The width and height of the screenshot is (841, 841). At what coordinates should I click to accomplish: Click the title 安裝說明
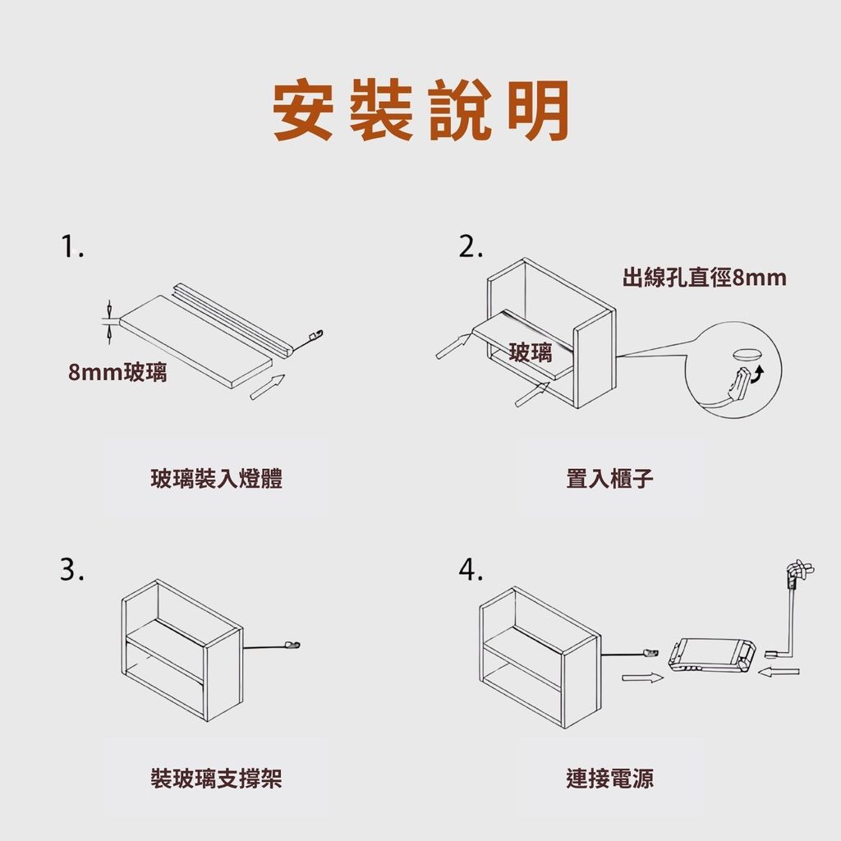420,110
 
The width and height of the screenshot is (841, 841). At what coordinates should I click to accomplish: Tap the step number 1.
72,246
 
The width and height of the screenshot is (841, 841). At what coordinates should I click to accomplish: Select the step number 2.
471,246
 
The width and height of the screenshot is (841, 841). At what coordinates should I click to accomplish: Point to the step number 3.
72,570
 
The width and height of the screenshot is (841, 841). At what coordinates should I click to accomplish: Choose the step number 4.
471,570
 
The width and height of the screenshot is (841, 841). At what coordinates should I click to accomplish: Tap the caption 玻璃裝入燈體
216,479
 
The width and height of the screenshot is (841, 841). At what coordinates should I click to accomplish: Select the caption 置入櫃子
610,479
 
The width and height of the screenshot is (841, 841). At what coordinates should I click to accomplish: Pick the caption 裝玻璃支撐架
216,779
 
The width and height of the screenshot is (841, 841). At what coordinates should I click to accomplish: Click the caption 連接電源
610,779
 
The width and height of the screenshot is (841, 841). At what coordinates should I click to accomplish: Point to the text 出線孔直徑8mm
704,278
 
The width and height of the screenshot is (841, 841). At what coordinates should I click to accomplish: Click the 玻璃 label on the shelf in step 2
530,352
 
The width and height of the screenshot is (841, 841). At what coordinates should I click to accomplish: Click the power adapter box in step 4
712,655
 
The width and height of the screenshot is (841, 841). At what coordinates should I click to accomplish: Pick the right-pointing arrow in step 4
642,678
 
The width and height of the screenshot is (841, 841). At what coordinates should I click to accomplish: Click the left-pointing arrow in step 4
779,671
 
